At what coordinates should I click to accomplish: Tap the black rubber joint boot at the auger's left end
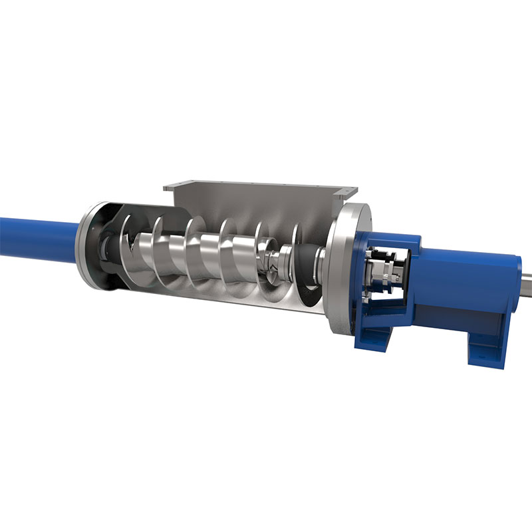[x=106, y=246]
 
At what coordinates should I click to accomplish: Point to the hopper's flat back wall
[x=253, y=206]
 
